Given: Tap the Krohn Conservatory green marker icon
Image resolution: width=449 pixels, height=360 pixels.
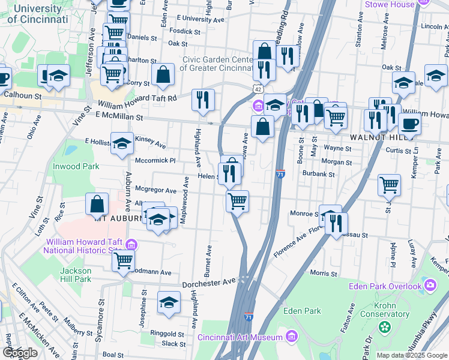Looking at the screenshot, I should coord(384,328).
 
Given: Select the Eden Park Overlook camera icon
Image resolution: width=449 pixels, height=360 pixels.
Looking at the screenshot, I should coord(430,284).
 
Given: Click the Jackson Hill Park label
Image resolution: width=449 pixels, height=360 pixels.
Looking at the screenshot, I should coord(76,274).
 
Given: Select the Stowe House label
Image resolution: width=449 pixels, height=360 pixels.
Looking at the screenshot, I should coord(390,4).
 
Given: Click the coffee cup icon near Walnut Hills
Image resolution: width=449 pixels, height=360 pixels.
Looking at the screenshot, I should coord(409,124).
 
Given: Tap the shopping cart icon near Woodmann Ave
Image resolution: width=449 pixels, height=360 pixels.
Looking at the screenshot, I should coord(124,260).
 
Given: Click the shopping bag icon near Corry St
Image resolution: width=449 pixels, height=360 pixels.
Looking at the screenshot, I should coord(163,75).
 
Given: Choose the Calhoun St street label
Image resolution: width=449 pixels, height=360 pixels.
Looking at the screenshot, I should coord(22,95).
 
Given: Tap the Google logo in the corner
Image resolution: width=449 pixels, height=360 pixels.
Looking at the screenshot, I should coord(20,353).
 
